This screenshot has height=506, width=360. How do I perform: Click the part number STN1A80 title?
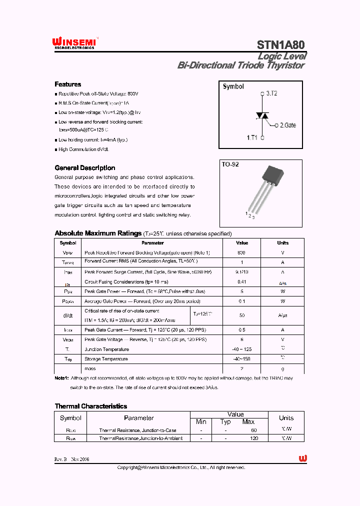(x=281, y=45)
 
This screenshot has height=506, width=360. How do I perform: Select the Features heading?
(x=67, y=84)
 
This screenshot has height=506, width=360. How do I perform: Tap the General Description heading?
(x=84, y=168)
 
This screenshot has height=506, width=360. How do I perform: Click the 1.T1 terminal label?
(x=252, y=136)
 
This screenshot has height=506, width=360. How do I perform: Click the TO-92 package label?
(x=230, y=164)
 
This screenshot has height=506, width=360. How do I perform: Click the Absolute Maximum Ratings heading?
(x=97, y=233)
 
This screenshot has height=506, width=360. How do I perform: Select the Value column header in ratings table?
(x=241, y=243)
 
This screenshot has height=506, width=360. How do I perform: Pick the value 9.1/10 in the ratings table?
(x=241, y=272)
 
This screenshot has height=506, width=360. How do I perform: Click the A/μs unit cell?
(x=282, y=315)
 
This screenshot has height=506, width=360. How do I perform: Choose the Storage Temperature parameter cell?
(x=106, y=359)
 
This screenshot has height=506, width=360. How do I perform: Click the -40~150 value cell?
(x=241, y=359)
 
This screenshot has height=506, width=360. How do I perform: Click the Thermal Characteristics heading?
(x=90, y=406)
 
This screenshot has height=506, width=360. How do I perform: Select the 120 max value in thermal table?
(x=254, y=438)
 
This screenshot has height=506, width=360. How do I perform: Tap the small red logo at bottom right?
(x=302, y=458)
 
